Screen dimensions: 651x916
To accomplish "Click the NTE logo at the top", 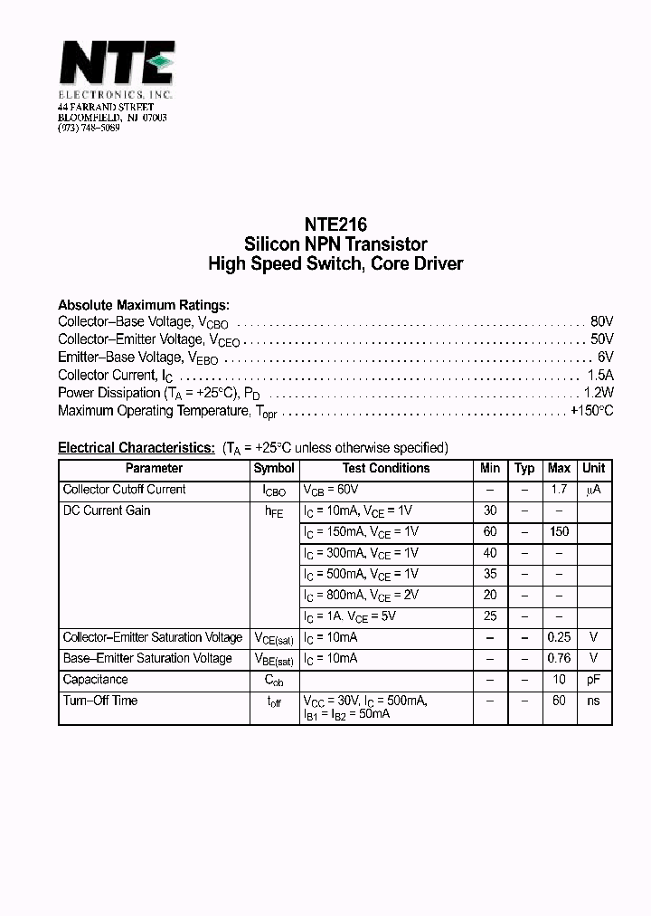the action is [x=117, y=66].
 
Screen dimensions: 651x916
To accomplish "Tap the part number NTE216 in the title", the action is [x=335, y=224].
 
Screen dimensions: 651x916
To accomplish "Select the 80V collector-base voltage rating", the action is [x=601, y=321].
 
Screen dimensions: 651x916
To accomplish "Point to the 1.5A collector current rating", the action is [x=599, y=375].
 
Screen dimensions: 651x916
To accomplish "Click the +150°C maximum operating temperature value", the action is [x=591, y=410].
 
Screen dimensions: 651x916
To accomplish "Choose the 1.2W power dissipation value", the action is [x=598, y=393].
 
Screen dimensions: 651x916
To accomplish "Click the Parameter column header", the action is [x=154, y=468].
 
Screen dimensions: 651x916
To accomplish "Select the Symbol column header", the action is [x=274, y=468].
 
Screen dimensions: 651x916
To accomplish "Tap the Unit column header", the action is [x=593, y=468].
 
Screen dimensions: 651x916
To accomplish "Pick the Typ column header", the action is [x=524, y=468].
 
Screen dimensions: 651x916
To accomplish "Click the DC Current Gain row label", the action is [x=107, y=510].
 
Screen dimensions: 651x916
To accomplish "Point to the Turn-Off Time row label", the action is [x=100, y=701].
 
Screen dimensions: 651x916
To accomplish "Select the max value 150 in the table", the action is [x=559, y=531].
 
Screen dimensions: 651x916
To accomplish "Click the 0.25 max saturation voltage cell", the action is [x=559, y=637].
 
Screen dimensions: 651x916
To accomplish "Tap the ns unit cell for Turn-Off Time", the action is [x=593, y=701].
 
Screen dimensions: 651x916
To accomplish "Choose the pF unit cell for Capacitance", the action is [x=593, y=680].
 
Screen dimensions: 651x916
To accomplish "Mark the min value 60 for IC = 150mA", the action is [x=490, y=531].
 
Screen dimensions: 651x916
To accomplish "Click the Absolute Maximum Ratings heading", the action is [x=144, y=305].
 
